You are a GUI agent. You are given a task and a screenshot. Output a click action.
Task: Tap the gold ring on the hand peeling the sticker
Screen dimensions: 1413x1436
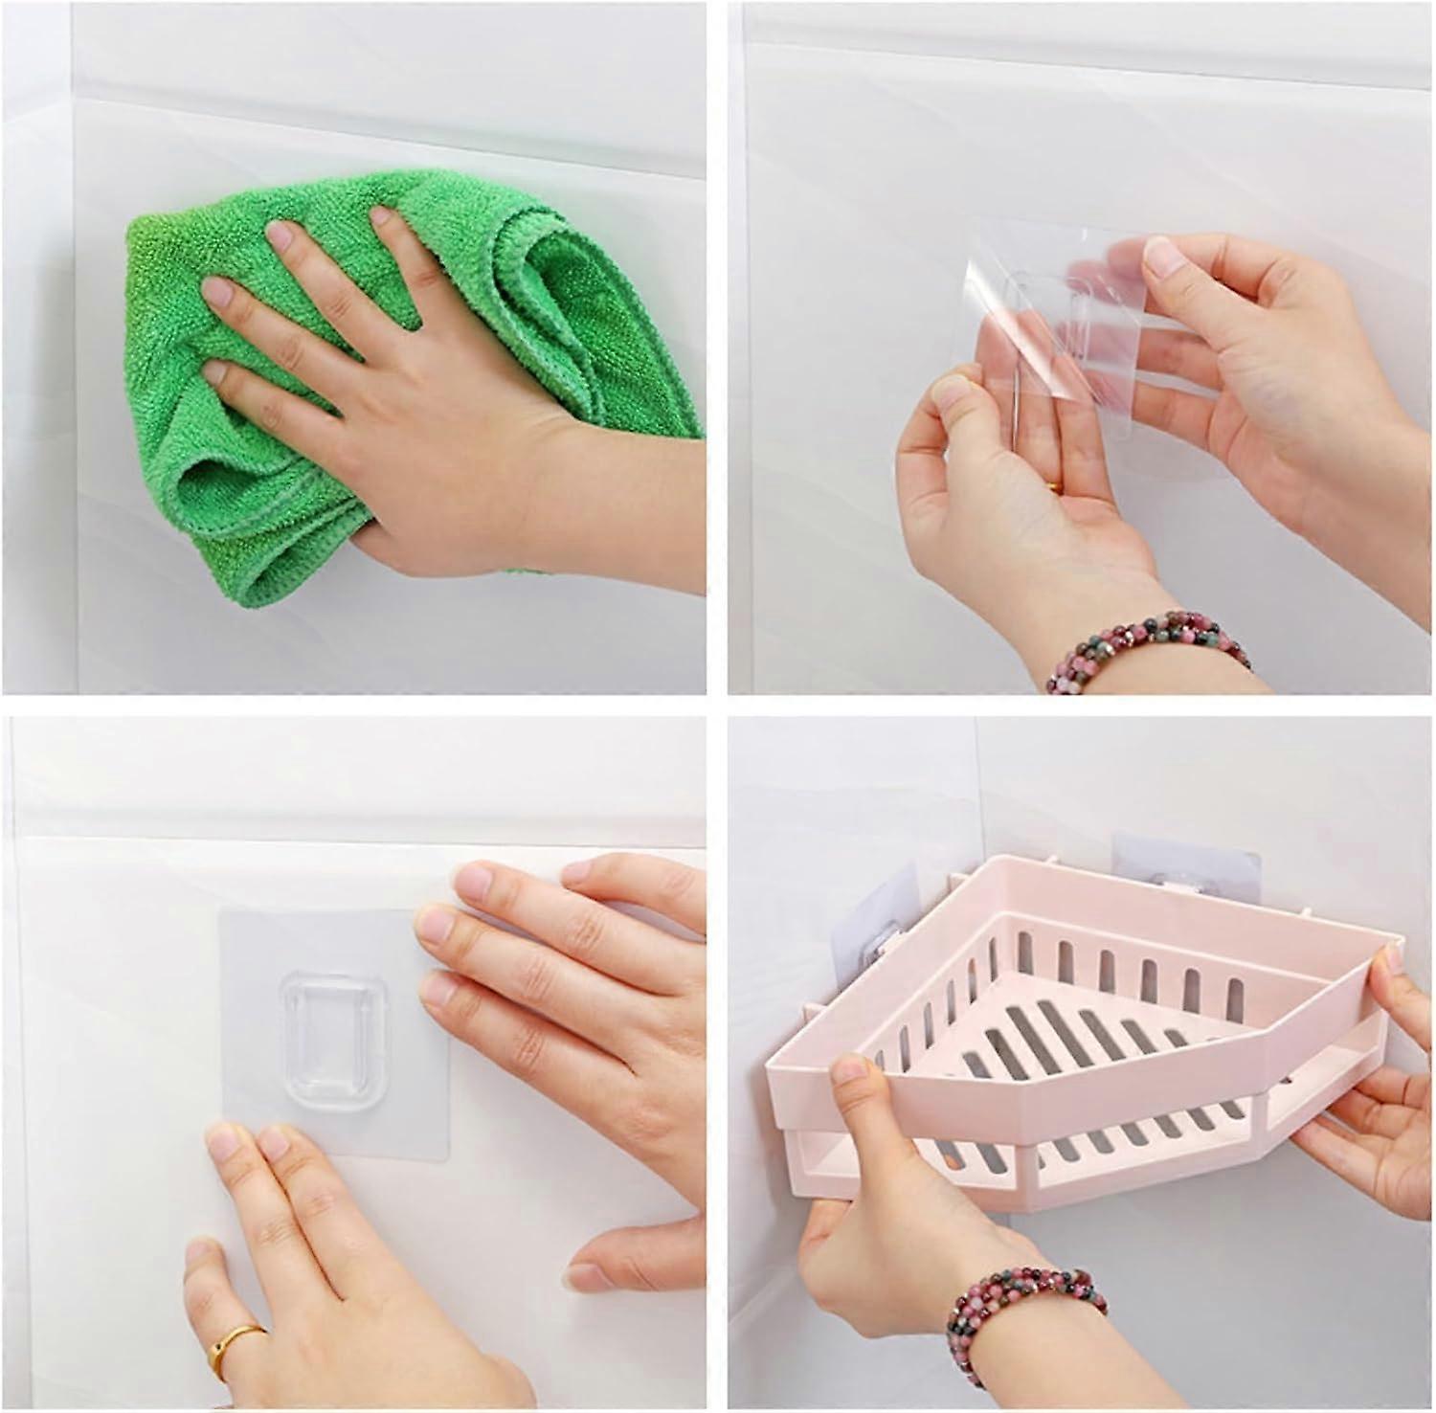point(1053,488)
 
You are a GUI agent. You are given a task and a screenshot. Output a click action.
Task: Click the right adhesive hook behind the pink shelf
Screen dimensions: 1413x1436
point(1158,866)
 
